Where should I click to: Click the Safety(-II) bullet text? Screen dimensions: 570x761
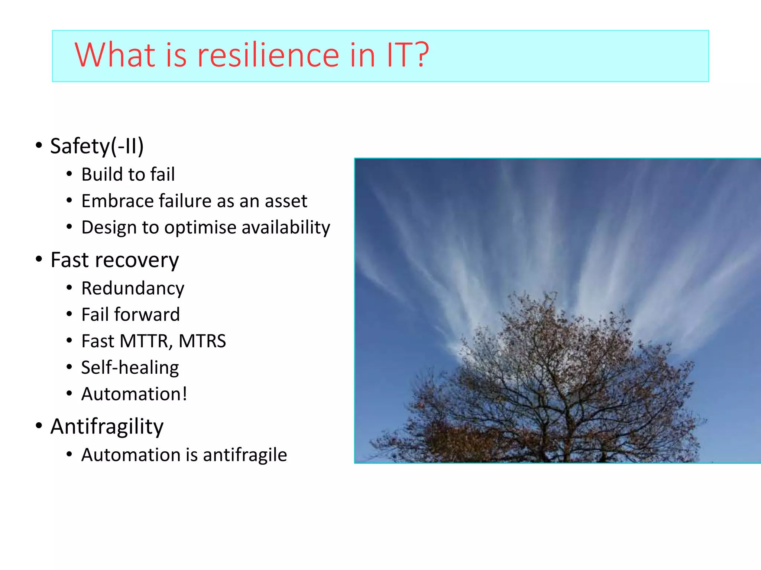(x=97, y=146)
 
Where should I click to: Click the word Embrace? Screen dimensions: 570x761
(x=117, y=201)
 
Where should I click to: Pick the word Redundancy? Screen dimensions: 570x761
(x=133, y=288)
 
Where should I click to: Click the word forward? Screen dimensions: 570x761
(x=147, y=315)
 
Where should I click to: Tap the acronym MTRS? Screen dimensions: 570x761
(x=202, y=341)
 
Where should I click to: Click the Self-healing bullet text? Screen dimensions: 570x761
(x=130, y=367)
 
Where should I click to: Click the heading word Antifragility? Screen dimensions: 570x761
(x=107, y=426)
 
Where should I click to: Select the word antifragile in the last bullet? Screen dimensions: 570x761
(x=245, y=455)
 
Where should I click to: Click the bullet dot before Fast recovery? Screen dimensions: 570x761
(x=39, y=259)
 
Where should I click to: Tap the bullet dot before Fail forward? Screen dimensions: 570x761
(x=69, y=314)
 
